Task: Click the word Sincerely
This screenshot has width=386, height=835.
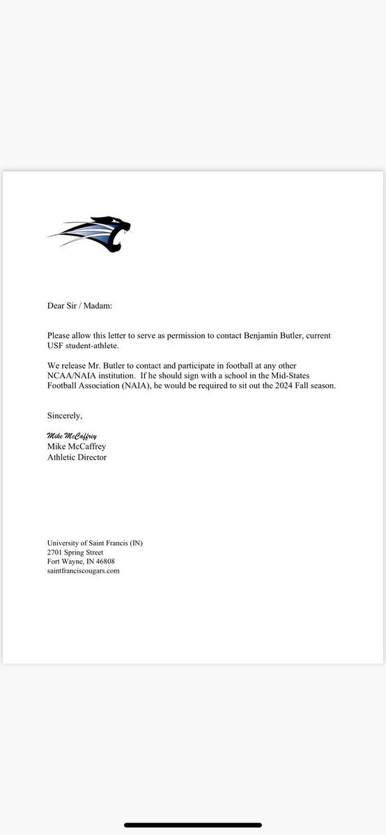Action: click(x=65, y=416)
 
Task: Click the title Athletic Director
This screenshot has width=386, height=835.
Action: click(x=77, y=457)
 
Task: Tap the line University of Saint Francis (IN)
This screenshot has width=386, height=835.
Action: click(x=95, y=543)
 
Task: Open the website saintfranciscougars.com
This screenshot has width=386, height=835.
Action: click(x=84, y=571)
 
